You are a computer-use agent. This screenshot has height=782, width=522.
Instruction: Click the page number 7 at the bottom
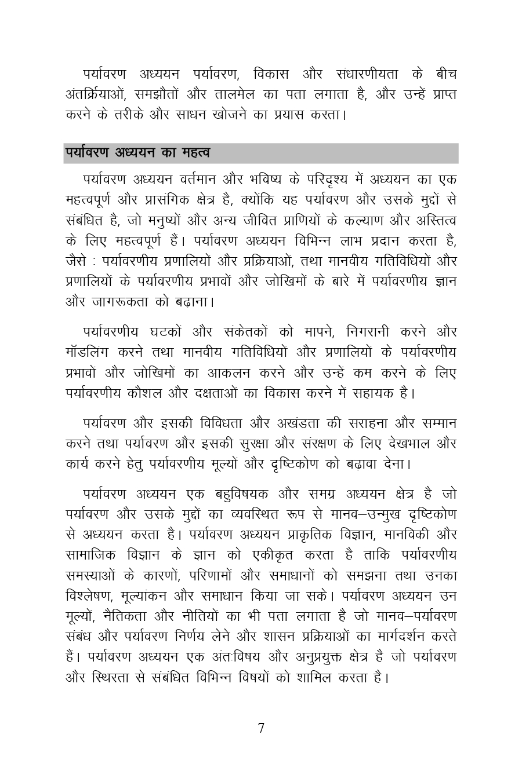coord(261,728)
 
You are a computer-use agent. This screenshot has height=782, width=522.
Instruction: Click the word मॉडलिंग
coord(88,352)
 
